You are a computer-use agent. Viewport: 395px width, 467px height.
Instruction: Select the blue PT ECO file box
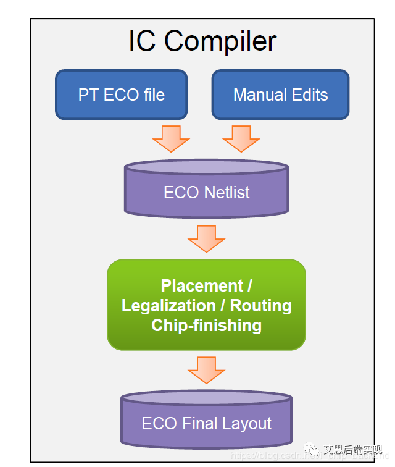coord(121,95)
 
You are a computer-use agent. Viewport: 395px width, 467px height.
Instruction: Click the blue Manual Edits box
coord(280,95)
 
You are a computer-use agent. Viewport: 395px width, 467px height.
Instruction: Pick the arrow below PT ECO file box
coord(171,138)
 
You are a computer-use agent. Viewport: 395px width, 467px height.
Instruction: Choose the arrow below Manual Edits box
coord(241,138)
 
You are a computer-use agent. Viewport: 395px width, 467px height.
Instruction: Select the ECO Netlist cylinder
coord(206,188)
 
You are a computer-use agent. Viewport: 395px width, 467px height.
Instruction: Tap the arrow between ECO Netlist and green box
coord(206,238)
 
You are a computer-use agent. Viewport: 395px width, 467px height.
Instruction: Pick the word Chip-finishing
coord(206,326)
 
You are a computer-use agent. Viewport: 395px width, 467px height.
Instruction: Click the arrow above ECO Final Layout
coord(206,369)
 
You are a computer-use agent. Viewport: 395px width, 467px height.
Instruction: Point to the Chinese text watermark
coord(352,450)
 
